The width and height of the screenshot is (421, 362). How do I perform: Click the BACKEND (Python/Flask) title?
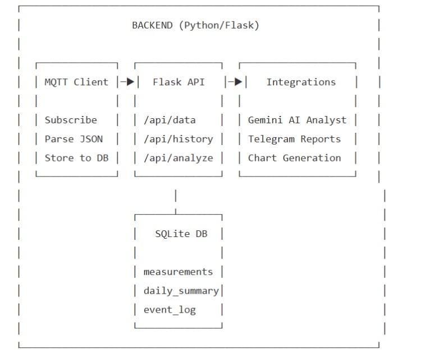(195, 25)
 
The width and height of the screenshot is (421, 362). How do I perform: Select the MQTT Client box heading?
(76, 82)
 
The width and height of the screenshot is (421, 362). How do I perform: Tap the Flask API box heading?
(179, 82)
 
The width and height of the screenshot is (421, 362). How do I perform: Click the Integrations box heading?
(300, 82)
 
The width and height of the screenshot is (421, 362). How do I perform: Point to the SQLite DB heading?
(181, 234)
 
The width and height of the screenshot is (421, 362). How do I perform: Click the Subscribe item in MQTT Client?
(71, 120)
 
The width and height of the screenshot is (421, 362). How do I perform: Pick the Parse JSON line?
(74, 139)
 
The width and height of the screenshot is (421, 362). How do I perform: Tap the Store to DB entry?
(76, 158)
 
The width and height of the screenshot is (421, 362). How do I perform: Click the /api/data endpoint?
(170, 120)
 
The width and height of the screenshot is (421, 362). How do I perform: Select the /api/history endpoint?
(178, 139)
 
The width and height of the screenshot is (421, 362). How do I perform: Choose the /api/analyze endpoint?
(178, 158)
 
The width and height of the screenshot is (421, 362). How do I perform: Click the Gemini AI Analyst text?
(297, 120)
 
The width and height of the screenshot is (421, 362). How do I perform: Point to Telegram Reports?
(294, 139)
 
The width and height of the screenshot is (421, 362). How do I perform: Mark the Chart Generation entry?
(294, 158)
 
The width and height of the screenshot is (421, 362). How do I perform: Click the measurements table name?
(178, 272)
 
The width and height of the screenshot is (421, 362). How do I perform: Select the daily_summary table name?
(181, 291)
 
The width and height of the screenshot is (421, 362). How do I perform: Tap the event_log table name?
(170, 310)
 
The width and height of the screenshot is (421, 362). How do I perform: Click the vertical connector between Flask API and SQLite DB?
(176, 198)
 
